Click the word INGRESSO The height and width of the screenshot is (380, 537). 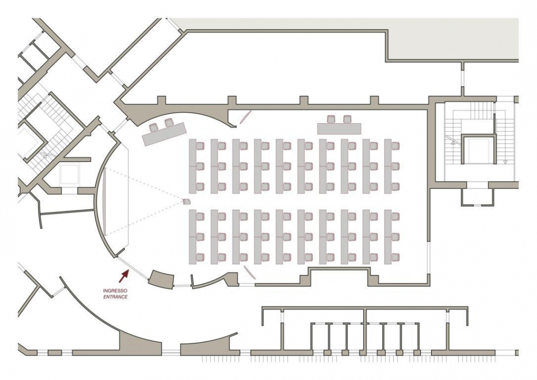(x=115, y=291)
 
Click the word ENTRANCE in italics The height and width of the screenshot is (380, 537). (x=115, y=296)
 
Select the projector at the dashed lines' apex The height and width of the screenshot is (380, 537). (x=187, y=201)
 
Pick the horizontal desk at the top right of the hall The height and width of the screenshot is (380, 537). (x=339, y=128)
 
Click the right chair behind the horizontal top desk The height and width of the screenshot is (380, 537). (x=347, y=119)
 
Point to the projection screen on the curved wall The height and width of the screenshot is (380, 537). (x=105, y=201)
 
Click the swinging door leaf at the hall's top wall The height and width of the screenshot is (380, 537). (x=245, y=116)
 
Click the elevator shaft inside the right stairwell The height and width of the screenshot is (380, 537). (x=478, y=149)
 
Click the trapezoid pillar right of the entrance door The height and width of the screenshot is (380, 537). (x=161, y=279)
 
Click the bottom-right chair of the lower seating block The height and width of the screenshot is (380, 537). (x=395, y=257)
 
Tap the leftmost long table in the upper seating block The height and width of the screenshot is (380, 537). (x=192, y=166)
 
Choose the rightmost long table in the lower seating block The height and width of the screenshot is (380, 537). (x=388, y=237)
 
